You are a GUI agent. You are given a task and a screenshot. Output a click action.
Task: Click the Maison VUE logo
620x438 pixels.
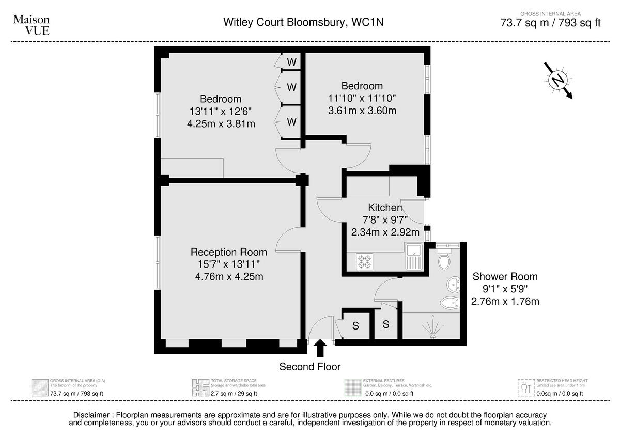(x=31, y=24)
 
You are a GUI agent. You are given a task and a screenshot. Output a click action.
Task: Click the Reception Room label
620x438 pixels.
(x=229, y=252)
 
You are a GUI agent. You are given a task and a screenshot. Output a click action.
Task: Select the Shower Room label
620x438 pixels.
(x=505, y=276)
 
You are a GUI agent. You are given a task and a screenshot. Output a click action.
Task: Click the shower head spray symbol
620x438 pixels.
(x=430, y=327)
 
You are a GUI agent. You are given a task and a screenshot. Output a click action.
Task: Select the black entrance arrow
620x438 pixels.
(x=320, y=348)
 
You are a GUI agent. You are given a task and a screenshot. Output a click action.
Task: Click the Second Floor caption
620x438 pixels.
(x=310, y=367)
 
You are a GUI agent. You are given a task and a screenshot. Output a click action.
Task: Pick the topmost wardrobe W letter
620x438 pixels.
(x=291, y=62)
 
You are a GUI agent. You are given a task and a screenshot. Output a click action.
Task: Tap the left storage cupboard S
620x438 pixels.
(x=355, y=326)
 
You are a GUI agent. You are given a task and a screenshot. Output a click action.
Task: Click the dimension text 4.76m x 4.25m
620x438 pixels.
(x=229, y=276)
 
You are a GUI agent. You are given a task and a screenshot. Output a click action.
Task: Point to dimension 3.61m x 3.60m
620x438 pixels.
(x=362, y=110)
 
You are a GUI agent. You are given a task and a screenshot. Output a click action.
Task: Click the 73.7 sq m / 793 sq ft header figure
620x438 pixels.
(x=551, y=23)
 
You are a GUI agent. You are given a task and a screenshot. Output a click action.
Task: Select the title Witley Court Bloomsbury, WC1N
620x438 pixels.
(x=303, y=22)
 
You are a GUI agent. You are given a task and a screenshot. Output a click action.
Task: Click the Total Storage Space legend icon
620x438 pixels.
(x=199, y=386)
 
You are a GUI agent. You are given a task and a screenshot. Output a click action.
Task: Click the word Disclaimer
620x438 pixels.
(x=92, y=415)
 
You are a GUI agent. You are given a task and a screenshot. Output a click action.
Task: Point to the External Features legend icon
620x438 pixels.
(x=353, y=386)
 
